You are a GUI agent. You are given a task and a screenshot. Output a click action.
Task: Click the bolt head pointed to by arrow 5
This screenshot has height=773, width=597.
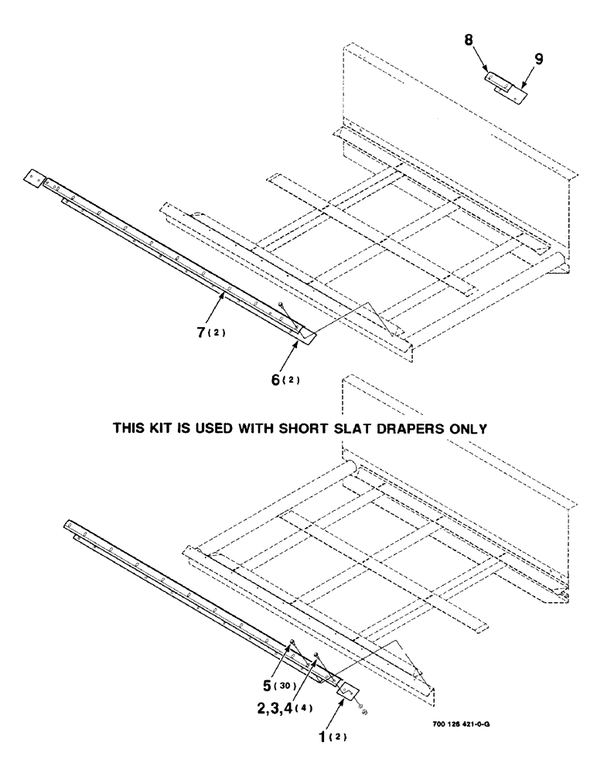point(290,642)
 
